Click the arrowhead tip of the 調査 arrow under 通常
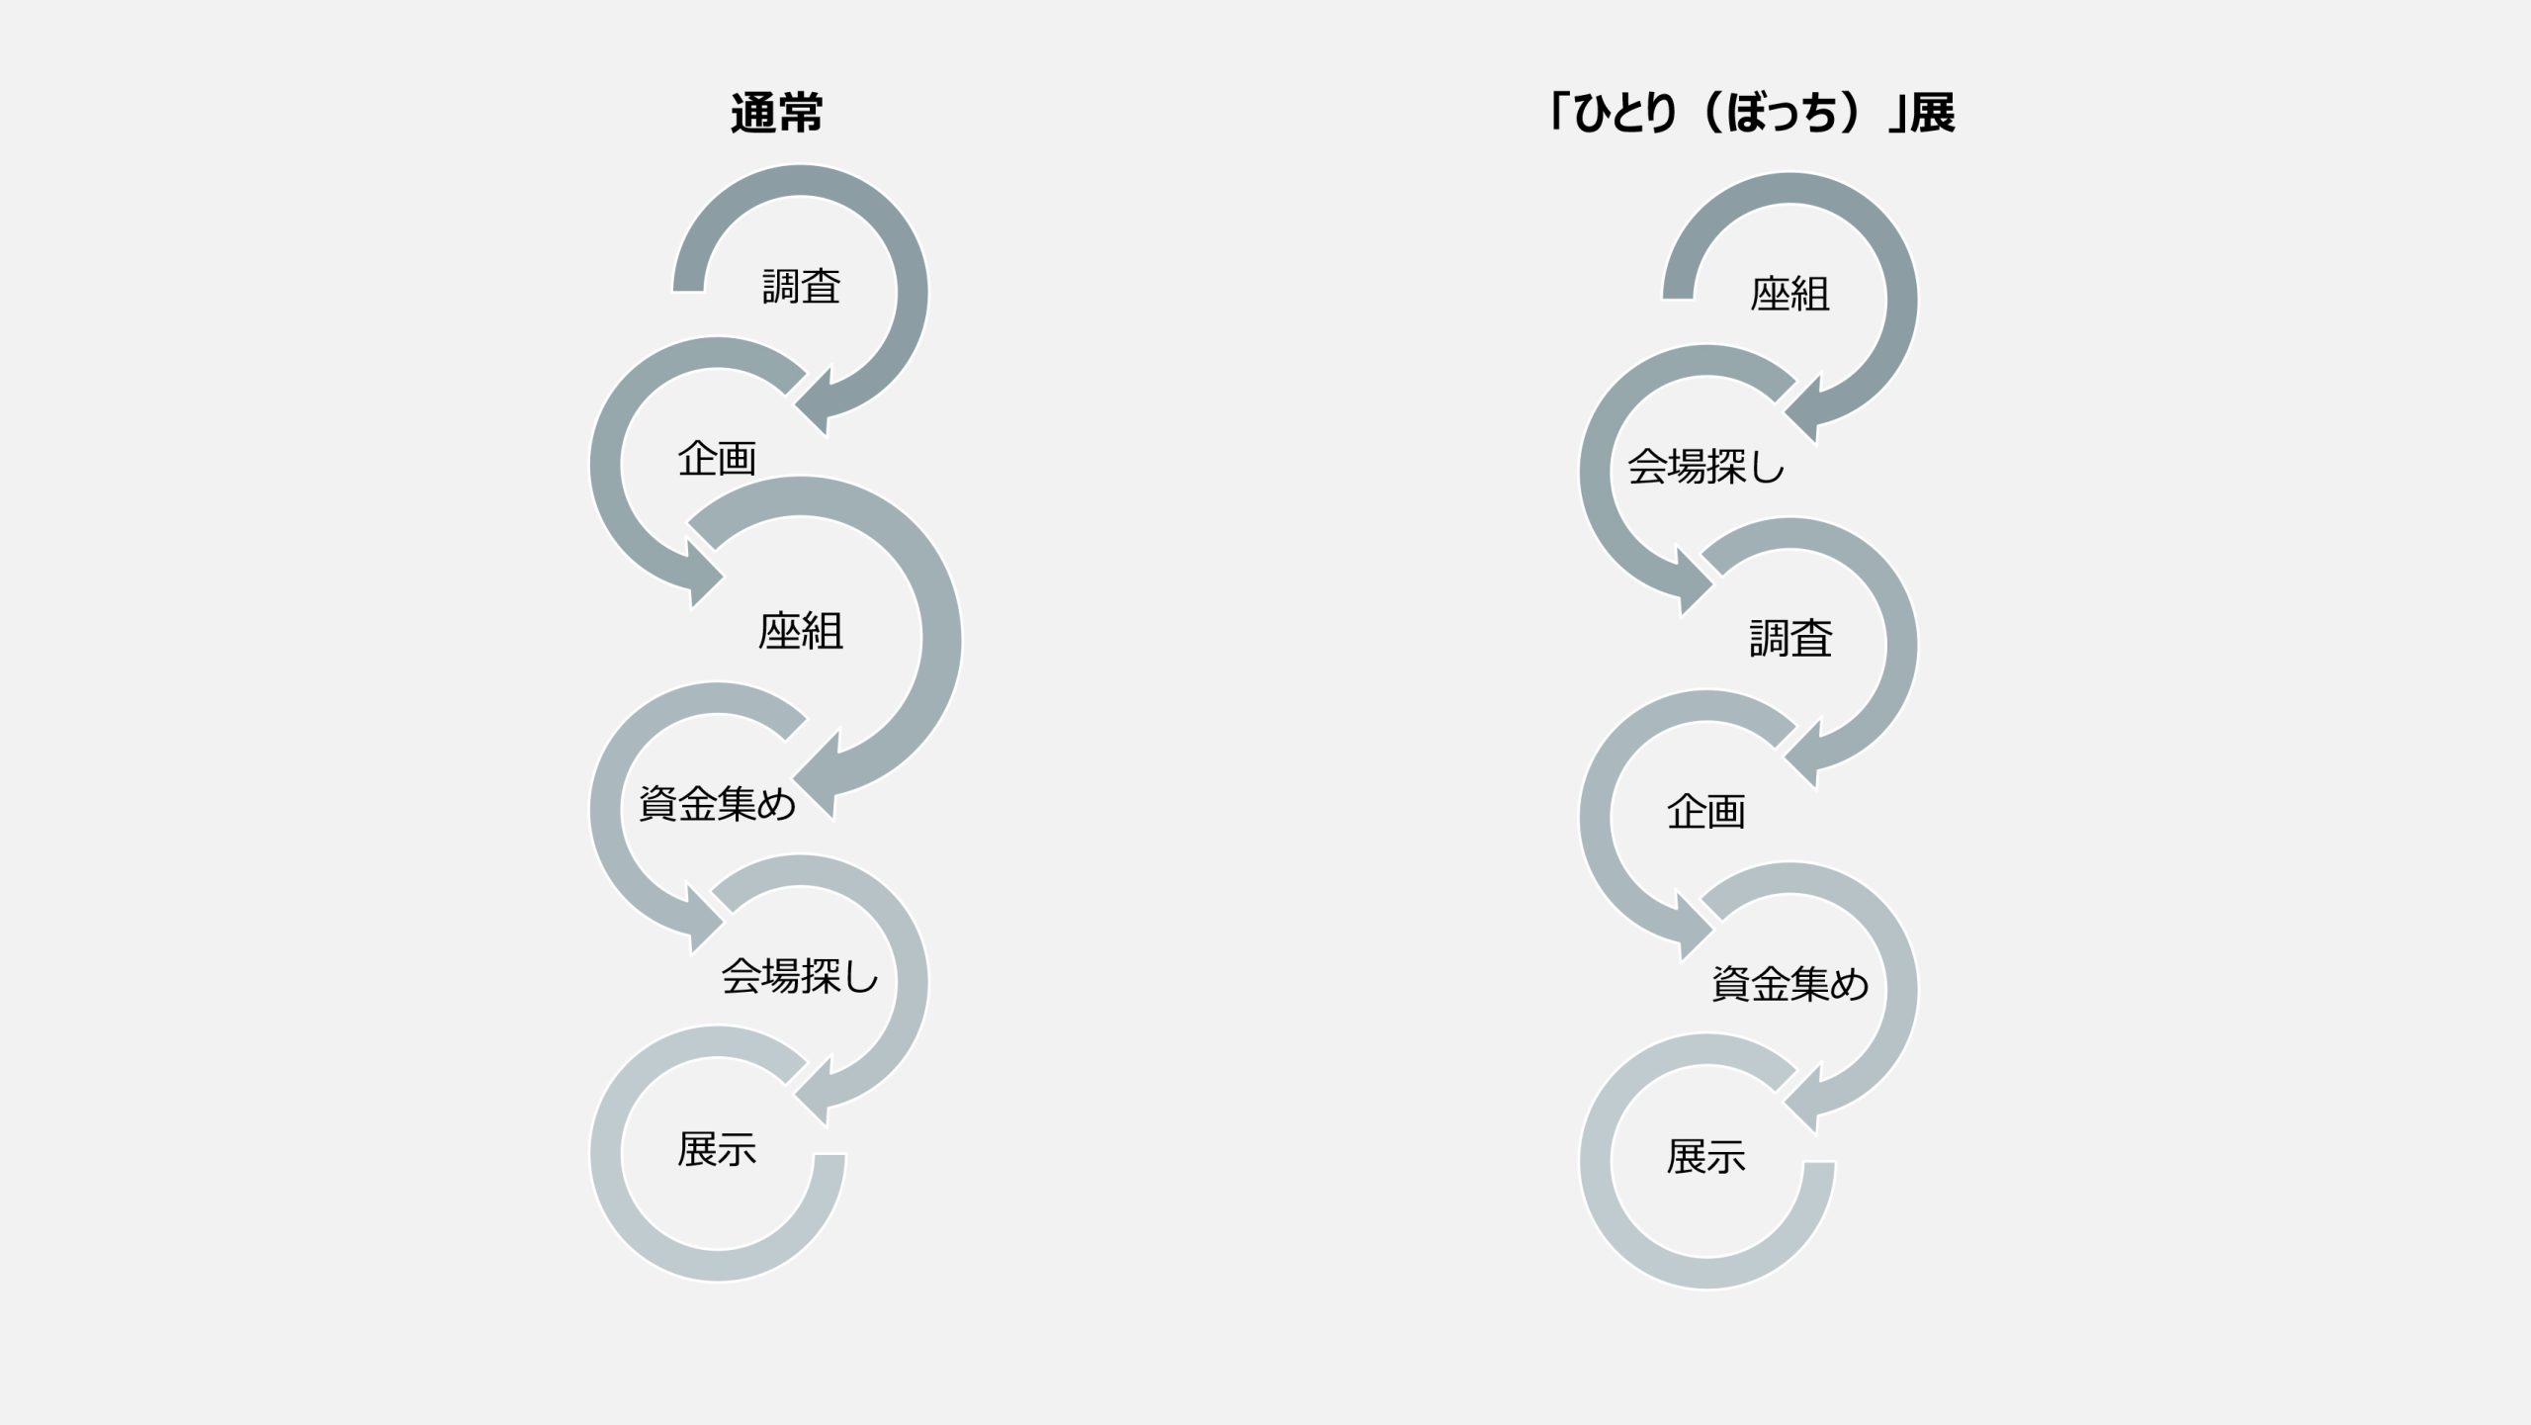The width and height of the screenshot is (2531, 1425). pyautogui.click(x=797, y=404)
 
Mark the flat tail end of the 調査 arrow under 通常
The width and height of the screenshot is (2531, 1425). pyautogui.click(x=688, y=291)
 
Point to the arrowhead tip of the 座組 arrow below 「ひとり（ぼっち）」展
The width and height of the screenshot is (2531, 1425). pyautogui.click(x=1787, y=412)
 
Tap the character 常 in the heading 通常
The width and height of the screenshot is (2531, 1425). pyautogui.click(x=800, y=114)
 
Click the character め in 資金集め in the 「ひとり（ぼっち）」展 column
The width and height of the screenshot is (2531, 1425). pyautogui.click(x=1849, y=985)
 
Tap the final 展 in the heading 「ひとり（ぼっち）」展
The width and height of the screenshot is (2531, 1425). pyautogui.click(x=1931, y=114)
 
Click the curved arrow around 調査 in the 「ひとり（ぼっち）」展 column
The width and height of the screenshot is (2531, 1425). pyautogui.click(x=1900, y=645)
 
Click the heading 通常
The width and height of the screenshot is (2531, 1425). pyautogui.click(x=777, y=114)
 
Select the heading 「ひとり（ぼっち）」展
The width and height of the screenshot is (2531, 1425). pyautogui.click(x=1750, y=114)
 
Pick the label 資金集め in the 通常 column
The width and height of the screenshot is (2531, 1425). pyautogui.click(x=718, y=804)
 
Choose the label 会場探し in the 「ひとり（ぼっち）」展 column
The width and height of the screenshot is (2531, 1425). pyautogui.click(x=1706, y=467)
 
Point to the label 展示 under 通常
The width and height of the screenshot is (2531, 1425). pyautogui.click(x=717, y=1149)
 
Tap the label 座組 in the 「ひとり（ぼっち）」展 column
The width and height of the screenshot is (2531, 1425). pyautogui.click(x=1790, y=295)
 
